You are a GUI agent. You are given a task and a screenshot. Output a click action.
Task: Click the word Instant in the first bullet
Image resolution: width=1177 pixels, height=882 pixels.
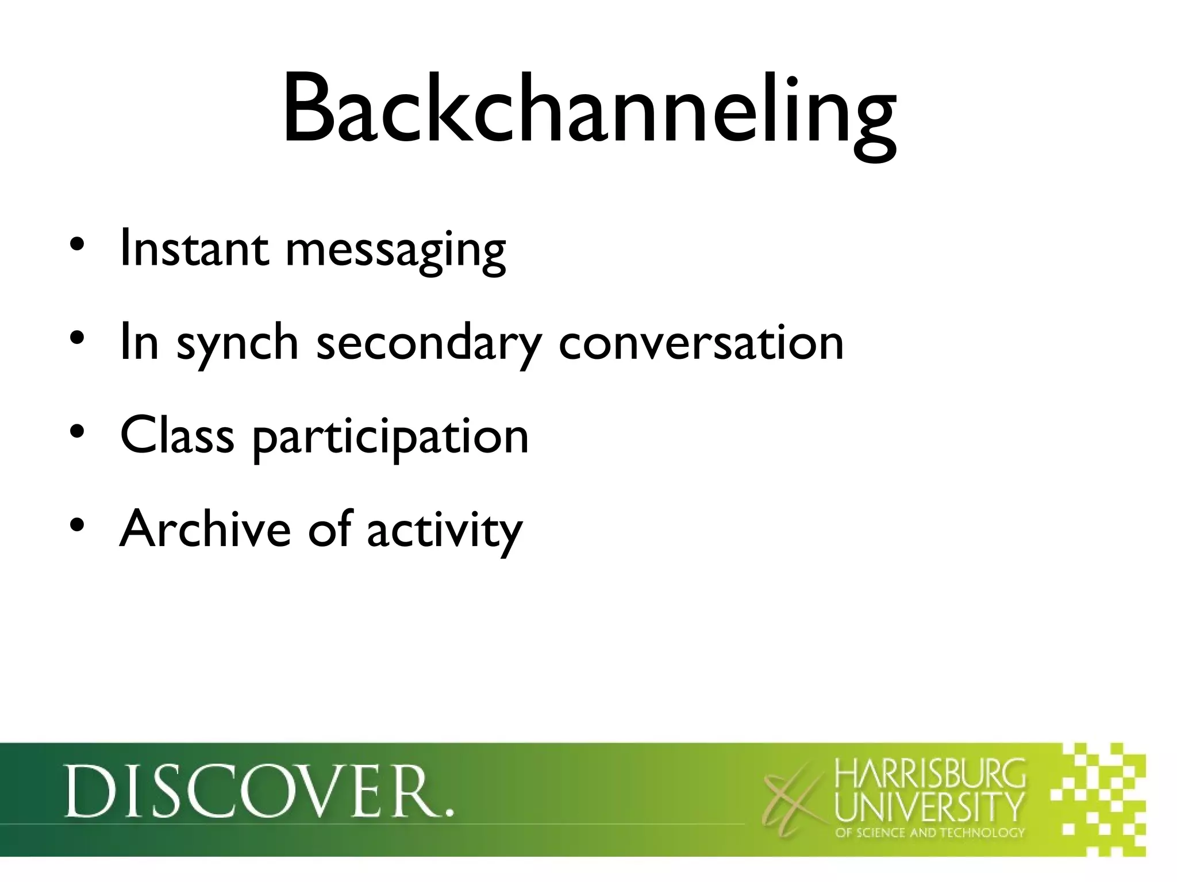point(194,249)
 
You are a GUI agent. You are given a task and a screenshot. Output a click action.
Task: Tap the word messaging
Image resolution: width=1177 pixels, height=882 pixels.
point(395,253)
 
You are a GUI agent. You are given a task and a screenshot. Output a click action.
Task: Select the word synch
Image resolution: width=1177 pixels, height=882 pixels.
point(237,345)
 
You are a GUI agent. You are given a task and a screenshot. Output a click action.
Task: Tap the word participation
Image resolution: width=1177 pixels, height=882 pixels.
point(391,439)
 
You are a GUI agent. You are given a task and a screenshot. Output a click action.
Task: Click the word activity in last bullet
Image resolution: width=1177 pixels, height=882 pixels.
point(445,531)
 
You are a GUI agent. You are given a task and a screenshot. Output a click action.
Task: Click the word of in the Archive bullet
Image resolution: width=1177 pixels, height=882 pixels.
point(329,528)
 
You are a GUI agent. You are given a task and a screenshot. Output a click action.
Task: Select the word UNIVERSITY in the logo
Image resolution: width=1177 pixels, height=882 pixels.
point(929,807)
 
